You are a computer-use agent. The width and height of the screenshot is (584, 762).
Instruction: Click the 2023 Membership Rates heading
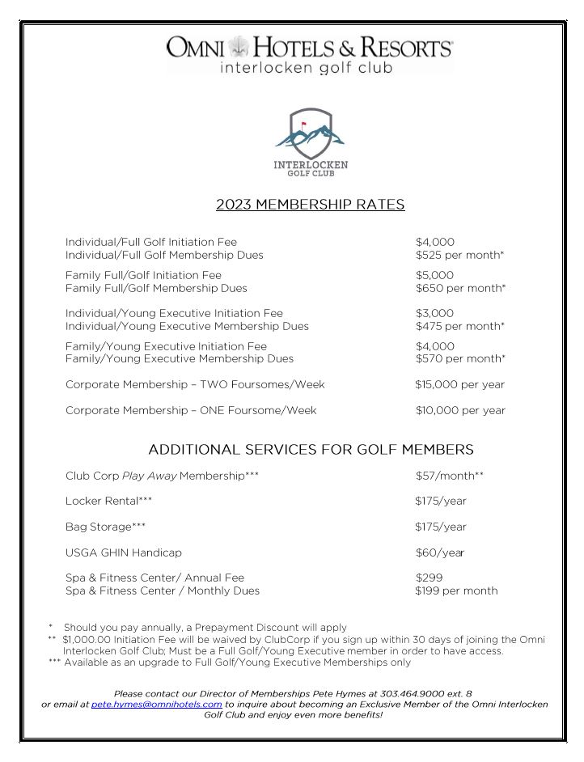310,205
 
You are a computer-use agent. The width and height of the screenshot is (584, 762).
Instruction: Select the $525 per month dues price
459,255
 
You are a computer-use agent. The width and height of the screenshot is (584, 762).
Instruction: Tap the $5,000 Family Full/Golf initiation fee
435,275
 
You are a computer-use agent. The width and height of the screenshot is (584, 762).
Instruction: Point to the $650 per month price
460,288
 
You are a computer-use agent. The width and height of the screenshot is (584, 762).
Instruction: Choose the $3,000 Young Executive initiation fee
435,313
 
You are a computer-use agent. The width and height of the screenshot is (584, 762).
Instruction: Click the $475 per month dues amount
459,326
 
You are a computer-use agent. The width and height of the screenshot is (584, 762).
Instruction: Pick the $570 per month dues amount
460,358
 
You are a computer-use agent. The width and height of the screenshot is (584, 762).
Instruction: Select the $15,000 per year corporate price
459,384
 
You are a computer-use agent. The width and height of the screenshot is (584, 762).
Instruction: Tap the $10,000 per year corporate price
459,410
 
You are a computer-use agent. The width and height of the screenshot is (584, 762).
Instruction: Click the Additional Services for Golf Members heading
311,450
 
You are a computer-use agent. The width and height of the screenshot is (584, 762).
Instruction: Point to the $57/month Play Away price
449,476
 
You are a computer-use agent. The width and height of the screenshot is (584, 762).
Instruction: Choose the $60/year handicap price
439,552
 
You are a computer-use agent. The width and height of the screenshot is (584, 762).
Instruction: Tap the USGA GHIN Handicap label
123,552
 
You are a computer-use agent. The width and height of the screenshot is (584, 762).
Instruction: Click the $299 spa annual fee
429,578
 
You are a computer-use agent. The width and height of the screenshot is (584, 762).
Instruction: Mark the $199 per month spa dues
456,591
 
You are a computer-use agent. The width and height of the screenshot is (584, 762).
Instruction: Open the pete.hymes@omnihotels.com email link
156,705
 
